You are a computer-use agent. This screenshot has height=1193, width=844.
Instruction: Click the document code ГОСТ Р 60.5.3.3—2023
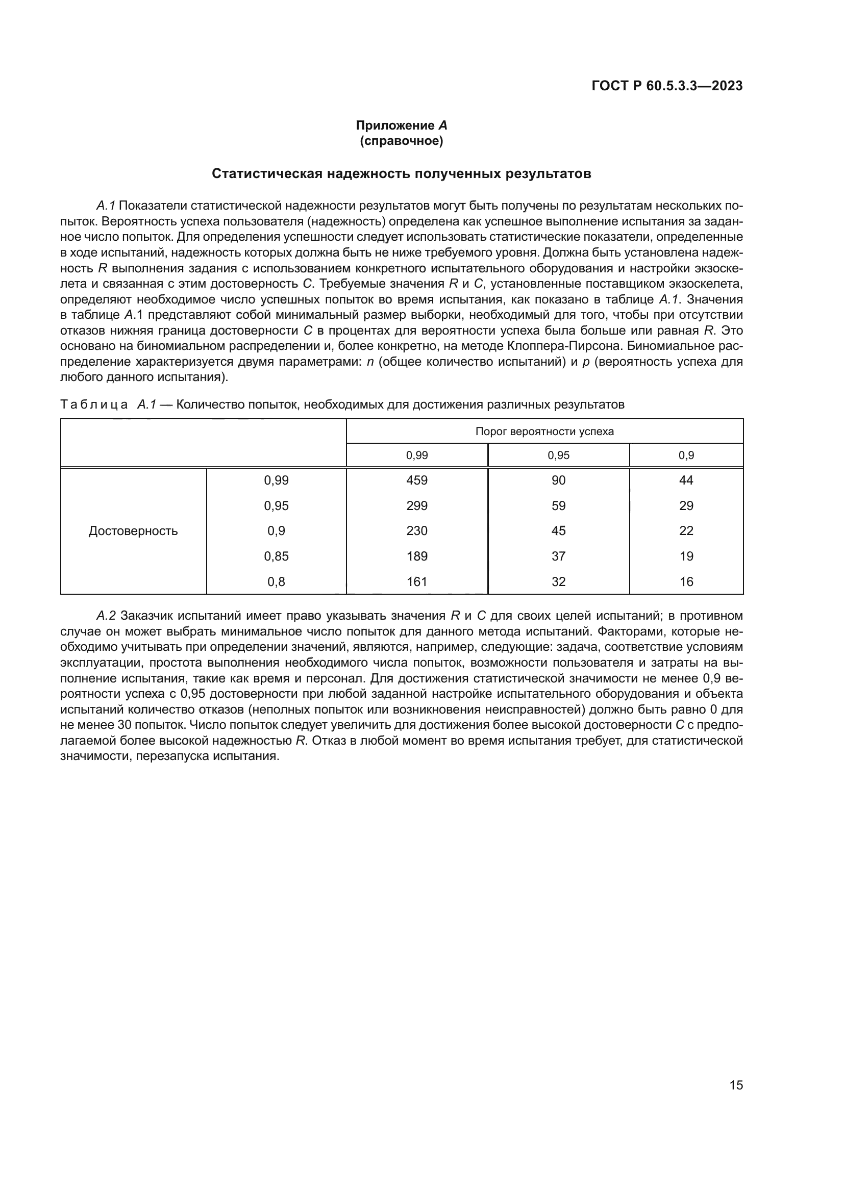click(x=667, y=86)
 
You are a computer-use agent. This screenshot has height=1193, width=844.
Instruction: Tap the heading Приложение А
click(x=401, y=125)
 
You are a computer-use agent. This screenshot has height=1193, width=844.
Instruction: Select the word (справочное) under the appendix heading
click(x=401, y=141)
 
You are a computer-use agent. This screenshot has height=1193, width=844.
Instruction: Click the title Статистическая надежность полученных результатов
click(x=401, y=173)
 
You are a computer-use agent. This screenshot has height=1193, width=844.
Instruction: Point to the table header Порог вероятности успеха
click(x=544, y=431)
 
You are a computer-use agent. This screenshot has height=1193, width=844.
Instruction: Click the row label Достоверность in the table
click(x=133, y=530)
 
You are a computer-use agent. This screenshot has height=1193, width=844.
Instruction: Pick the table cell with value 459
click(x=417, y=480)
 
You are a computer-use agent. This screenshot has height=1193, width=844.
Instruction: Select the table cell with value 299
click(x=417, y=505)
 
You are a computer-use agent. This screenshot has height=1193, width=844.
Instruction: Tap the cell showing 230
click(x=417, y=530)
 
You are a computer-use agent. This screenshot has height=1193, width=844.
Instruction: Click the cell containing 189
click(x=417, y=556)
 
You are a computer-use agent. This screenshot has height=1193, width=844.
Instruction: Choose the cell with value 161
click(x=417, y=581)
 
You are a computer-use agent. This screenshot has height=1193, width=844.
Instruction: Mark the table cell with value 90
click(x=558, y=480)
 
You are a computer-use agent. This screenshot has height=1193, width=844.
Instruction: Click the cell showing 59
click(x=558, y=505)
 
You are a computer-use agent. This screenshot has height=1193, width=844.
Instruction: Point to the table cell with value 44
click(x=686, y=480)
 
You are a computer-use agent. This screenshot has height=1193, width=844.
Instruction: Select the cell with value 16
click(x=686, y=581)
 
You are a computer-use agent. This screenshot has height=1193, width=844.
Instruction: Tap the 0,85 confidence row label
click(x=276, y=556)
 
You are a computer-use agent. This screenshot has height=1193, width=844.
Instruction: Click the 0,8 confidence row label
click(x=276, y=581)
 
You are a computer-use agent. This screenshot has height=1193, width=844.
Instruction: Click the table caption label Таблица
click(x=94, y=404)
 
